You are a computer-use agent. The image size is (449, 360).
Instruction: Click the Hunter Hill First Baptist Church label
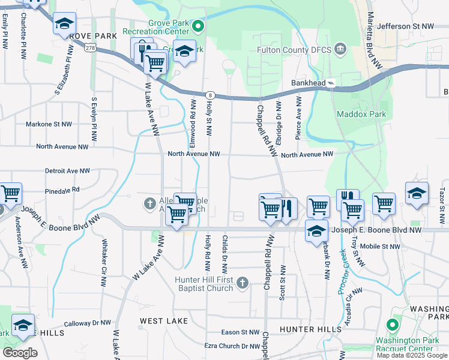pyautogui.click(x=203, y=284)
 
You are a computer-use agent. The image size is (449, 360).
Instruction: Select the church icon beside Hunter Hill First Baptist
pyautogui.click(x=242, y=282)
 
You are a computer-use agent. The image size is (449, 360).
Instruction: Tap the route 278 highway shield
pyautogui.click(x=91, y=47)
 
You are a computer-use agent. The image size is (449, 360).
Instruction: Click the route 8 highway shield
pyautogui.click(x=209, y=95)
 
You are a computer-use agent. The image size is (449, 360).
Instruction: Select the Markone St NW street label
pyautogui.click(x=49, y=124)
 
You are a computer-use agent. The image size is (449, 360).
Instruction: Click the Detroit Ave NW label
pyautogui.click(x=67, y=171)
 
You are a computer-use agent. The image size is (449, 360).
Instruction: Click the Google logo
pyautogui.click(x=20, y=353)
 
